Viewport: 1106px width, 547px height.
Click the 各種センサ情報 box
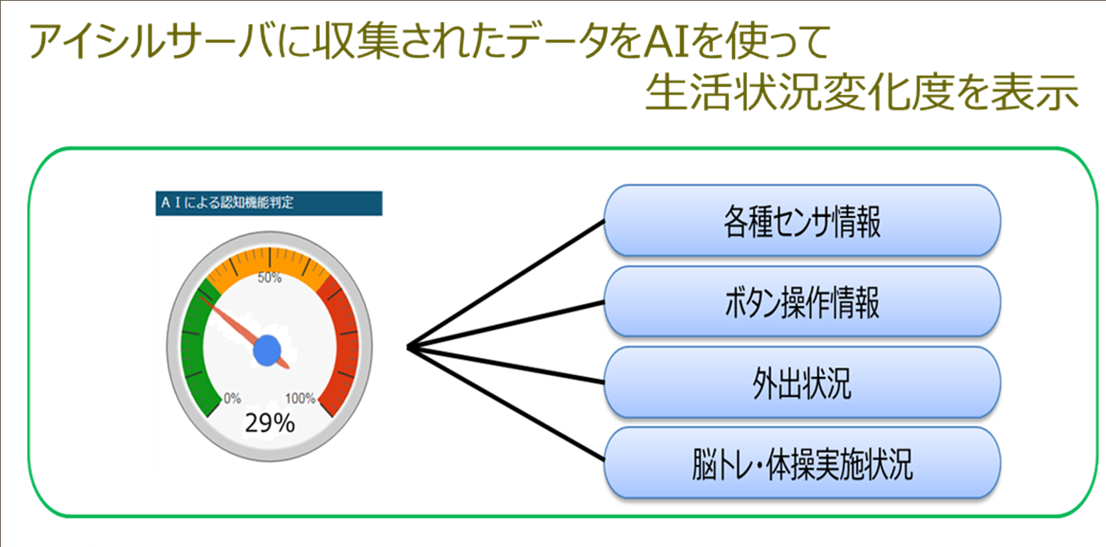(802, 220)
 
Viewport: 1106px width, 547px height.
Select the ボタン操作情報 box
(802, 301)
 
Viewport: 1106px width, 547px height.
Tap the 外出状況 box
(802, 382)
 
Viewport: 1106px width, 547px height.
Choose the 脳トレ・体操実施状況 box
(802, 462)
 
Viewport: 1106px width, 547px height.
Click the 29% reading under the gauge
(269, 423)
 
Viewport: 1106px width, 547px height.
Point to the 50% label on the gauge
(269, 278)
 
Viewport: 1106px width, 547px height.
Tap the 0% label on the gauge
(232, 399)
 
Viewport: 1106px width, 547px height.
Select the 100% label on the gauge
(299, 399)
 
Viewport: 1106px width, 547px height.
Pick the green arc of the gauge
(193, 348)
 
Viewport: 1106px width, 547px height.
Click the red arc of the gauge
(344, 341)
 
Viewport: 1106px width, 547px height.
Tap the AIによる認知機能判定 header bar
(269, 203)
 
